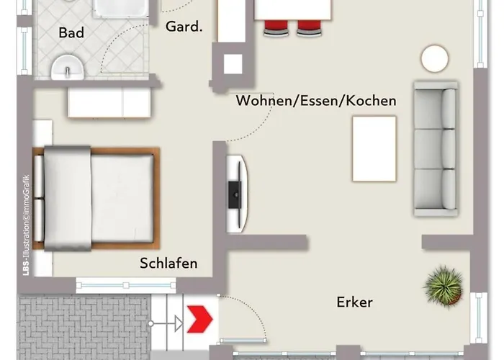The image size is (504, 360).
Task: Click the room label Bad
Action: [x=71, y=33]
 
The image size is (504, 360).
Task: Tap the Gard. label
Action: [x=184, y=27]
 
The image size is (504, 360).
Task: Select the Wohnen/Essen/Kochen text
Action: [x=316, y=101]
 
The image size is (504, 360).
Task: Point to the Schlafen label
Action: [x=168, y=264]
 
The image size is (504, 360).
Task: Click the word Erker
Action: [x=354, y=302]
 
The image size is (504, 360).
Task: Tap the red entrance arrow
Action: [x=199, y=319]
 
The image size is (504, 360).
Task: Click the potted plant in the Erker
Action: [x=444, y=286]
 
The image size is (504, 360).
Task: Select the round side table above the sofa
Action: [x=435, y=58]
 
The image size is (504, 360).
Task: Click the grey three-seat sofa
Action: [x=436, y=149]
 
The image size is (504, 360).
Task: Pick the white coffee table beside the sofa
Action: [x=374, y=149]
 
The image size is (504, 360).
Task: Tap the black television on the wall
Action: [x=235, y=194]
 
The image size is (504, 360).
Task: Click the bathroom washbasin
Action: [x=68, y=68]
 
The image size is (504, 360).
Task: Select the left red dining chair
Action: [x=276, y=28]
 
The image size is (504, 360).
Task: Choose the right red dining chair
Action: [x=309, y=28]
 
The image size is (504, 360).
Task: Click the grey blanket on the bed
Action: [x=68, y=198]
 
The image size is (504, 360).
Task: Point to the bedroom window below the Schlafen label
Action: [x=126, y=285]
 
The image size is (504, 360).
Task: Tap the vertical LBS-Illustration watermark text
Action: [x=27, y=225]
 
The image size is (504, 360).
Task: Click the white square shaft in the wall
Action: [x=233, y=64]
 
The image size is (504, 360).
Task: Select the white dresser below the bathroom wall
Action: [x=109, y=102]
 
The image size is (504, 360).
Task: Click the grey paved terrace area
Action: [x=84, y=327]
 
